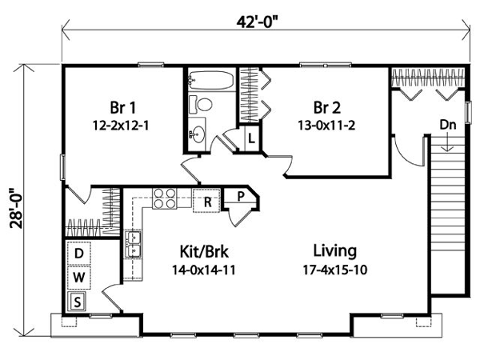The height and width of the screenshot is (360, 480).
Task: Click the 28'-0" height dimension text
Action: [x=17, y=208]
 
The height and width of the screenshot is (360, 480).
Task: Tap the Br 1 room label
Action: [x=122, y=107]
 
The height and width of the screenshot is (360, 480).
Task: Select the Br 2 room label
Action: [x=327, y=107]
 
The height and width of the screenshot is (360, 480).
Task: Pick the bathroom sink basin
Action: [x=197, y=134]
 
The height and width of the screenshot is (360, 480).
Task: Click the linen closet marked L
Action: [x=251, y=138]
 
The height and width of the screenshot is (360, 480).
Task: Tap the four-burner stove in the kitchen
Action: [x=165, y=198]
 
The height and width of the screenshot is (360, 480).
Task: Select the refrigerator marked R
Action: [x=207, y=201]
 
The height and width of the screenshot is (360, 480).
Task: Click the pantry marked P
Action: [x=241, y=197]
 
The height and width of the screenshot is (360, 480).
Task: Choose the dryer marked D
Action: [x=79, y=253]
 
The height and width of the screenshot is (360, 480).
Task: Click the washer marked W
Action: [x=79, y=278]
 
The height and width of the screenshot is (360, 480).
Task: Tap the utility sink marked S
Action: [x=78, y=302]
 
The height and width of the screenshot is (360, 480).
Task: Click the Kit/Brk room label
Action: [x=204, y=252]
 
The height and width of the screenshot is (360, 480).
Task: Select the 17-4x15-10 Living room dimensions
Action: [x=335, y=270]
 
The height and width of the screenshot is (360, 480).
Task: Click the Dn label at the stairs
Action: [x=448, y=125]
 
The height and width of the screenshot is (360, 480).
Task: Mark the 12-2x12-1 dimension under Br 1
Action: [x=121, y=126]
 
